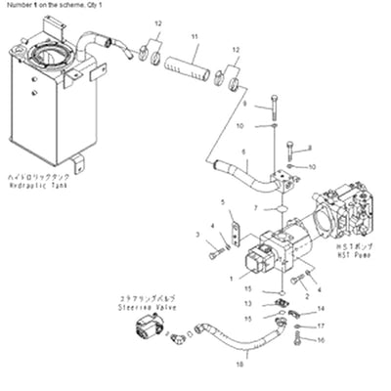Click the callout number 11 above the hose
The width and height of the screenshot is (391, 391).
click(x=195, y=37)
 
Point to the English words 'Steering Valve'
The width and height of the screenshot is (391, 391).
click(x=141, y=305)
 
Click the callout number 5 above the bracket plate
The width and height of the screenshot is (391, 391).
click(x=225, y=202)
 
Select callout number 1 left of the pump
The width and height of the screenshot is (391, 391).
click(x=230, y=279)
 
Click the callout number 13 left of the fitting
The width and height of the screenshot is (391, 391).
click(x=248, y=304)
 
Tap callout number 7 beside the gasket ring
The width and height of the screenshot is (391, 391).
click(x=254, y=208)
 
